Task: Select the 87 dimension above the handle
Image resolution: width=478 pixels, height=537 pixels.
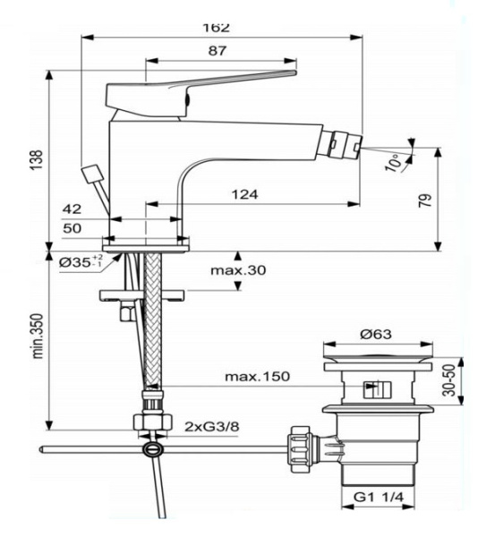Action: (x=218, y=53)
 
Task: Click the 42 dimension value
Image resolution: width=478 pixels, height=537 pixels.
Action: (x=72, y=208)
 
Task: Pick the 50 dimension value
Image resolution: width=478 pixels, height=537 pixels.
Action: (x=72, y=228)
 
